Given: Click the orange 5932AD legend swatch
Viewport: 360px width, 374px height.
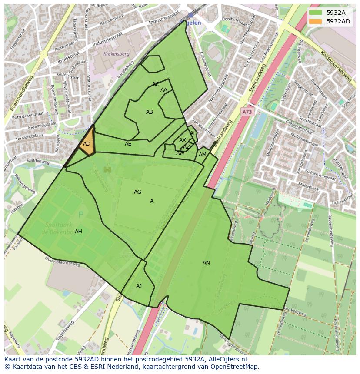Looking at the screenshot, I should point(316,21).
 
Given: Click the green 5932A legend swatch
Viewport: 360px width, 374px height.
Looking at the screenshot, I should point(316,13).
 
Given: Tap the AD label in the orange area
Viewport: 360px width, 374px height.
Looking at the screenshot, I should point(87,144).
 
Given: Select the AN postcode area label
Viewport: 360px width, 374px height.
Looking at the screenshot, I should point(206,263).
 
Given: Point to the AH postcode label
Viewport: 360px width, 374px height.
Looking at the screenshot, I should point(78,232).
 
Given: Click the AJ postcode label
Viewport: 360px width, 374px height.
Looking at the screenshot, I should point(139,286).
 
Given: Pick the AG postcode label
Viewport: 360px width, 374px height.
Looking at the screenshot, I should point(137,192).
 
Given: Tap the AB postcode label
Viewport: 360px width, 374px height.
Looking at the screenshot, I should point(150,112).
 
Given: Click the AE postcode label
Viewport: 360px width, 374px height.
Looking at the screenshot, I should point(128,144).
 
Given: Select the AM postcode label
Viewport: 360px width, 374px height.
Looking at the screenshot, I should point(203,155).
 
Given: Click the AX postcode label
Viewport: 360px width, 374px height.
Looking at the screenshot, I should point(183,140).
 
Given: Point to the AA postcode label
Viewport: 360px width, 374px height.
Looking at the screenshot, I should point(164,90).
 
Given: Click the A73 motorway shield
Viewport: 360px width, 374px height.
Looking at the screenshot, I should point(247,112).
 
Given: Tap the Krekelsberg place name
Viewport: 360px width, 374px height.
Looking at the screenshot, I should point(117,54).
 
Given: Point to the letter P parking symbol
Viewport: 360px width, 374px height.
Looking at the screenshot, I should point(80,214).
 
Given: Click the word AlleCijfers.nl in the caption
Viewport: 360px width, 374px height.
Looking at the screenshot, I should point(226,360).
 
